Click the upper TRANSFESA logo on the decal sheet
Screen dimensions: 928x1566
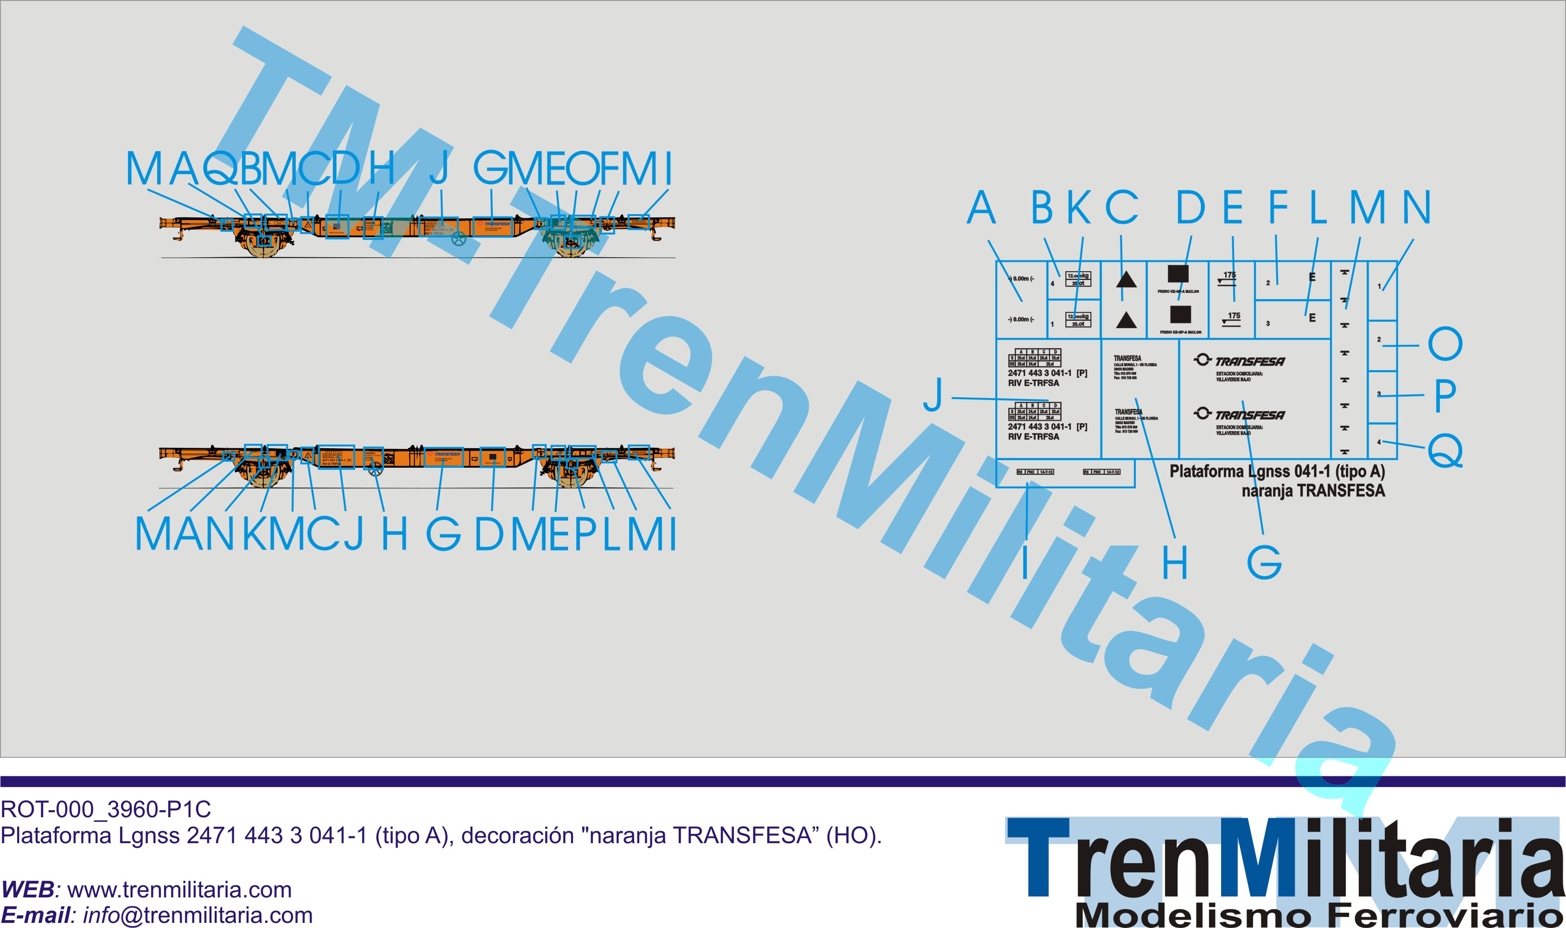coord(1240,361)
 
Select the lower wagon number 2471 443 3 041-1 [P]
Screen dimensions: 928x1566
coord(1048,426)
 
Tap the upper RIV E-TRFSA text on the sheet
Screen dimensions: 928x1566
coord(1033,383)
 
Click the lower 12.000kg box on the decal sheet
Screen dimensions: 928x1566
coord(1077,319)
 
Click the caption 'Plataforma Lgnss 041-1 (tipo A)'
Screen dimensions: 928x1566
coord(1277,471)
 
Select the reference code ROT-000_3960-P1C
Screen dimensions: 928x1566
coord(106,810)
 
